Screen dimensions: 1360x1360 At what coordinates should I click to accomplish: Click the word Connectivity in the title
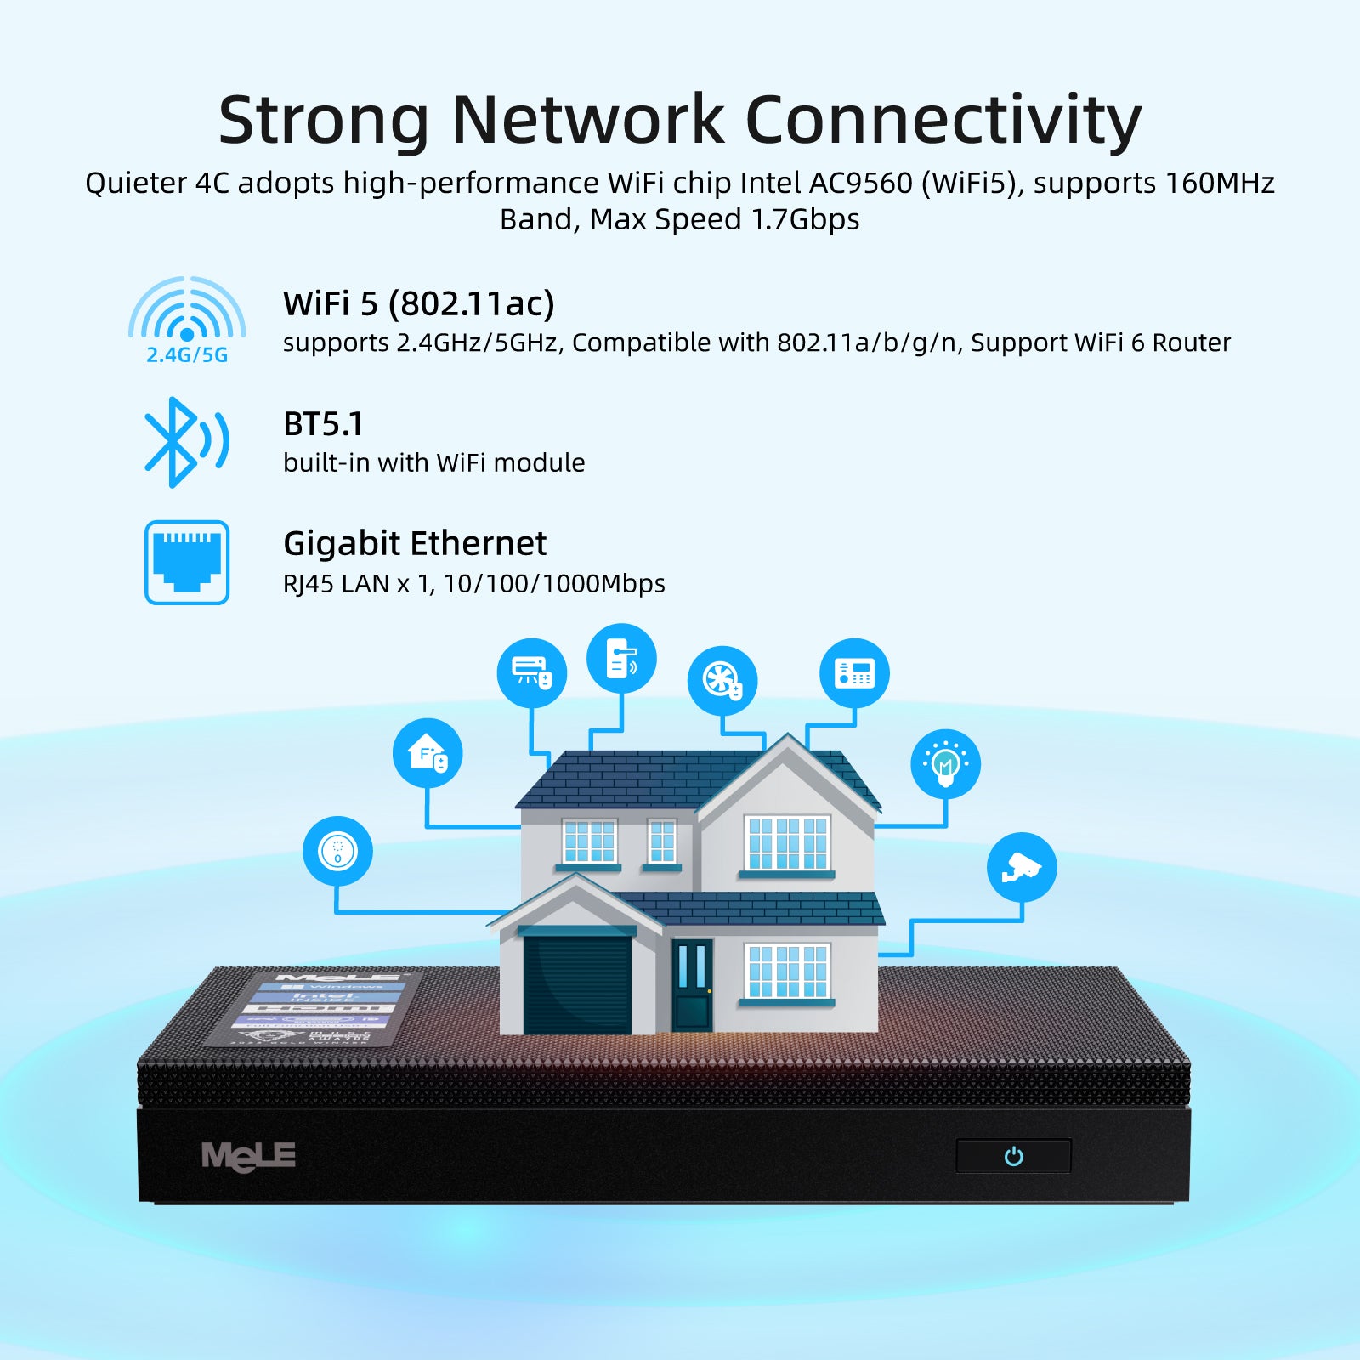[x=943, y=120]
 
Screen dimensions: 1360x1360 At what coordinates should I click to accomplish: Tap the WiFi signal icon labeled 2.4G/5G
[x=187, y=319]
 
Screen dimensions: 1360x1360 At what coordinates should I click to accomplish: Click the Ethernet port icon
[x=187, y=563]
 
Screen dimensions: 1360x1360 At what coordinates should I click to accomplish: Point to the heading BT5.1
[x=323, y=423]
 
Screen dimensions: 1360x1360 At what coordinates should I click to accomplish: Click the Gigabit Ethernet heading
[x=415, y=543]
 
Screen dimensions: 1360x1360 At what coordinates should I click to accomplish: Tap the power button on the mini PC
[x=1013, y=1156]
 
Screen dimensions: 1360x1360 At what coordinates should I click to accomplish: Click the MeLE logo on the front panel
[x=248, y=1157]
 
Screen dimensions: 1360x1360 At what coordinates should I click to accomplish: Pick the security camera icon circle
[x=1022, y=867]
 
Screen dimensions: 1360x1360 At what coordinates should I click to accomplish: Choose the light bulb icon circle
[x=945, y=763]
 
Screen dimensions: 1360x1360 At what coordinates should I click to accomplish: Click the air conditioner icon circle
[x=532, y=673]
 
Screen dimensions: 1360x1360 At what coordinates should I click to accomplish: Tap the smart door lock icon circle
[x=621, y=659]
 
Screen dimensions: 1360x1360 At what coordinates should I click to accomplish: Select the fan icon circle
[x=722, y=680]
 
